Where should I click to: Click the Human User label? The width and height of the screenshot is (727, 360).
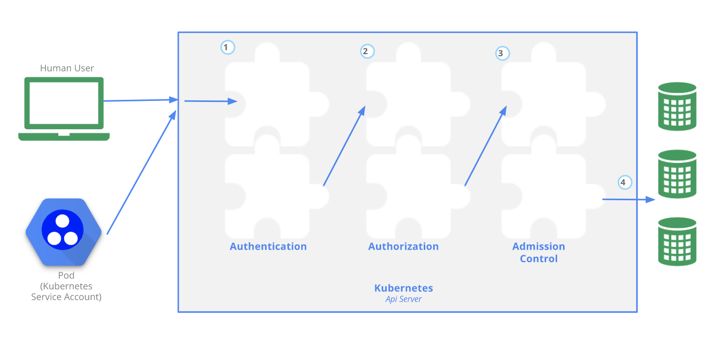(67, 68)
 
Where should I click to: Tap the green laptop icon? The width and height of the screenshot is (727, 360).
(64, 109)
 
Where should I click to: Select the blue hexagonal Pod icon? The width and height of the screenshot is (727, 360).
(63, 232)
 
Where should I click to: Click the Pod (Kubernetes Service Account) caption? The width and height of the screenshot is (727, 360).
(66, 286)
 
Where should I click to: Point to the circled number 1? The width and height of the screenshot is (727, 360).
(227, 47)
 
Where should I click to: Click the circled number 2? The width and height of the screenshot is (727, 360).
(366, 51)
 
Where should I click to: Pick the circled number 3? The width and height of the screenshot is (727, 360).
(502, 53)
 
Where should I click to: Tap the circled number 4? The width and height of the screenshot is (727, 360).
(624, 182)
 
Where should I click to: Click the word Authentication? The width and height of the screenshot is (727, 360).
(268, 246)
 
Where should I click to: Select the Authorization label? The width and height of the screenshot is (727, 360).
(403, 246)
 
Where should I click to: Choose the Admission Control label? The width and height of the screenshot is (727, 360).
(538, 252)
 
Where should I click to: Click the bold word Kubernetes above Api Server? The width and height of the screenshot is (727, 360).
(403, 288)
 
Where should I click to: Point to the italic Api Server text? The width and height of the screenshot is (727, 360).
(403, 299)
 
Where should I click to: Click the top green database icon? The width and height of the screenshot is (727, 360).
(677, 106)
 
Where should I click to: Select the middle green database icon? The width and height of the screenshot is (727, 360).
(677, 174)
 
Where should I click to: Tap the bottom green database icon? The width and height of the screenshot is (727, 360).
(677, 241)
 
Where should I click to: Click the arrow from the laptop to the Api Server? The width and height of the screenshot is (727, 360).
(139, 100)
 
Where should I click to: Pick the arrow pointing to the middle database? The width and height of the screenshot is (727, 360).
(628, 199)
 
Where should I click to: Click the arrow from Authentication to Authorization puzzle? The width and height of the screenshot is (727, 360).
(344, 146)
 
